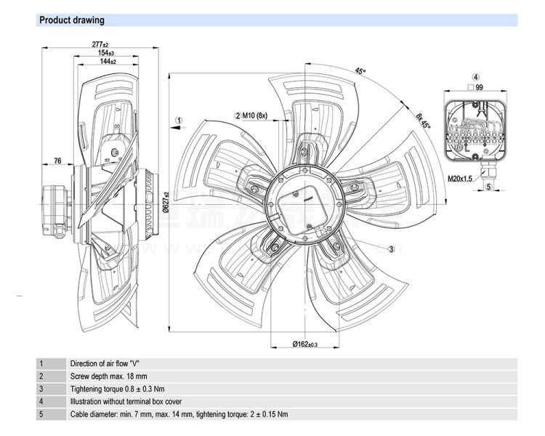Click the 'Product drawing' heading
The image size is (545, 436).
(71, 20)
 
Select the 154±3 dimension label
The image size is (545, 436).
(106, 53)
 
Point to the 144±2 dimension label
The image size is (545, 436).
(108, 62)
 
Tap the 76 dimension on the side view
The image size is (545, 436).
(57, 161)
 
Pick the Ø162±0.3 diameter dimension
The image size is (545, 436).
(305, 343)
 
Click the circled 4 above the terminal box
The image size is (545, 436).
(475, 76)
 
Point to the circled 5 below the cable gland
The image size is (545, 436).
(488, 187)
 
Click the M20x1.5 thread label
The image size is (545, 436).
(460, 178)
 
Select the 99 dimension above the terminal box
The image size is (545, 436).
(479, 86)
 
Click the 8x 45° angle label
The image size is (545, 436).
(424, 120)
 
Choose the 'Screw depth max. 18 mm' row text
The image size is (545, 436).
(108, 376)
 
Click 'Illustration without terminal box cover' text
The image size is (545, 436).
(126, 401)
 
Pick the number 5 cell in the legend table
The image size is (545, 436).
(41, 414)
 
